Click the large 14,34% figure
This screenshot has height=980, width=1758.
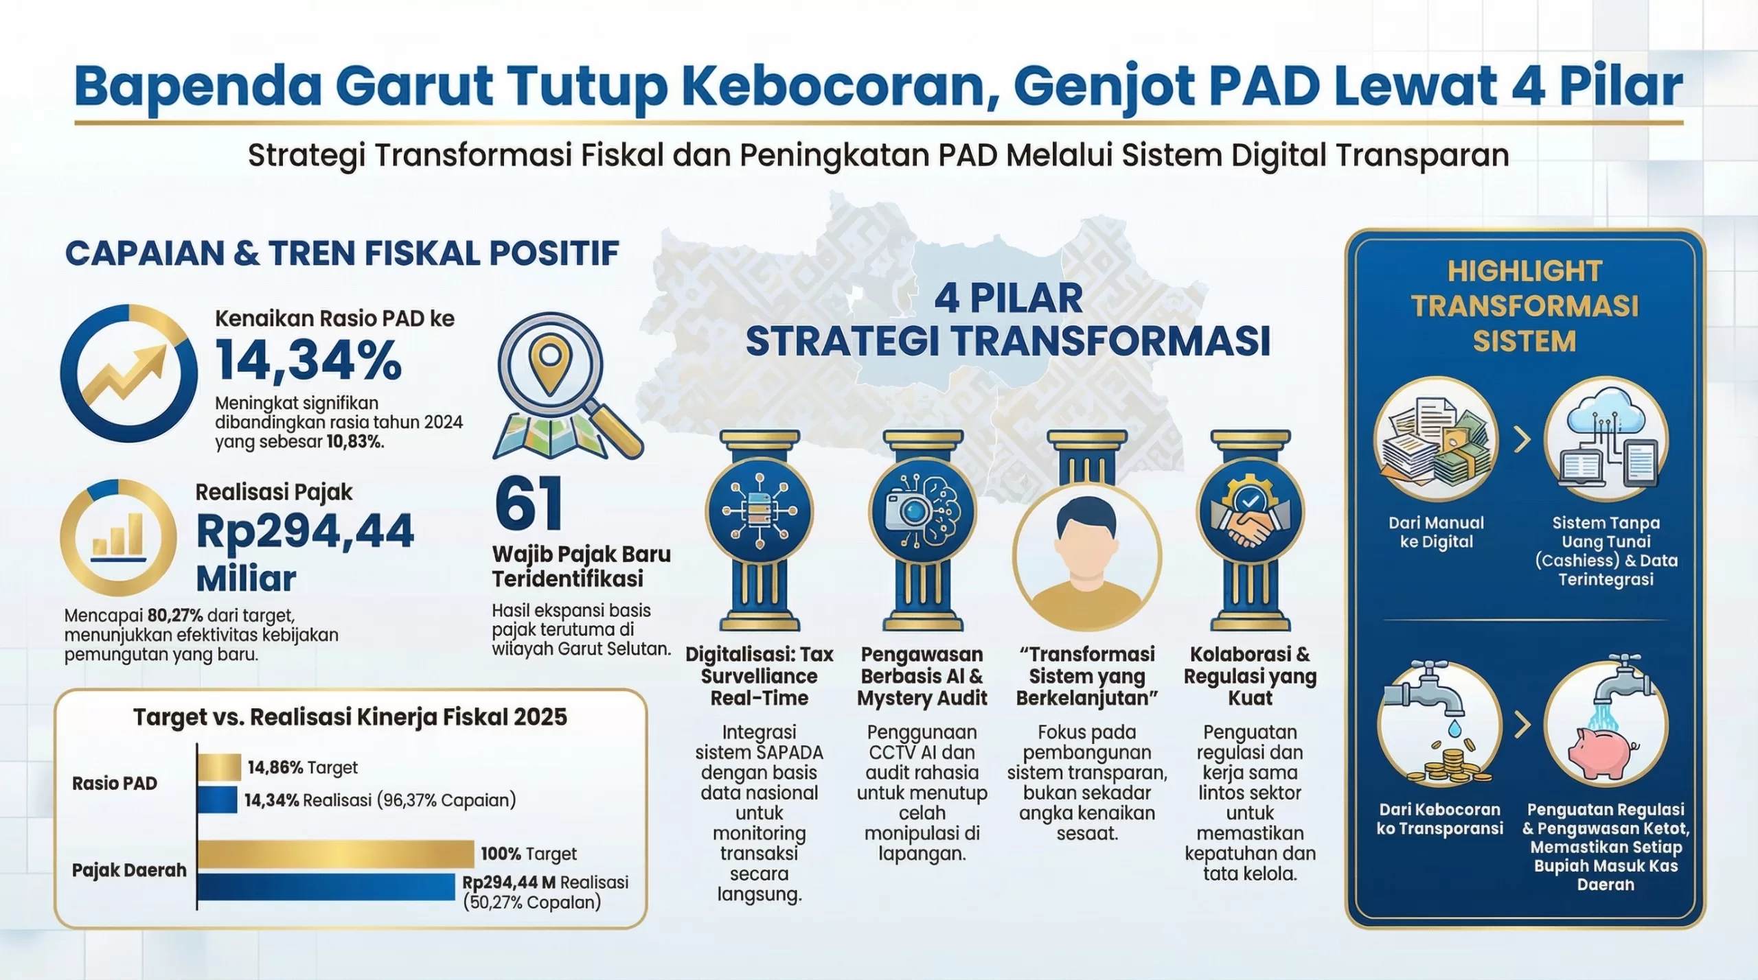[x=308, y=360]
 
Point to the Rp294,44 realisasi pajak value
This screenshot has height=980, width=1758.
[x=305, y=531]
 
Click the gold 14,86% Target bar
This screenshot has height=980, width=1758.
[x=219, y=767]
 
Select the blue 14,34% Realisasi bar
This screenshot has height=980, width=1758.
[x=217, y=800]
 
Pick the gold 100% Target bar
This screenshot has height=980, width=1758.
[x=336, y=854]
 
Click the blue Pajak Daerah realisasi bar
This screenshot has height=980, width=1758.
[x=326, y=886]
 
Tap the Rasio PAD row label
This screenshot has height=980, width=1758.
[x=115, y=783]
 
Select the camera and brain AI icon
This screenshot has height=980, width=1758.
[x=922, y=512]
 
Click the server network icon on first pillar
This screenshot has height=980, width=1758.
[x=759, y=511]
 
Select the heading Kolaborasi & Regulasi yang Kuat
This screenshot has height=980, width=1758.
[x=1250, y=676]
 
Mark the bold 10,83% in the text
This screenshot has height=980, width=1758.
[x=354, y=441]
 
